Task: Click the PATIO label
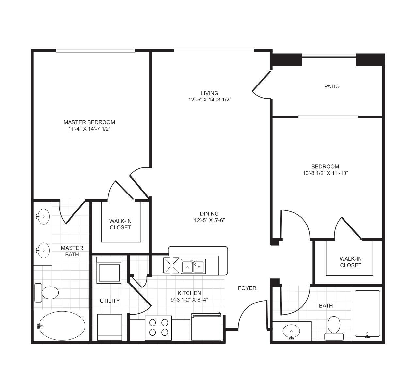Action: coord(331,86)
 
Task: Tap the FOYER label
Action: coord(247,288)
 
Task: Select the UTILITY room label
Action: coord(109,301)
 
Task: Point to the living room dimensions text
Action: coord(209,100)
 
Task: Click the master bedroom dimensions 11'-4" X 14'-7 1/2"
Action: coord(89,129)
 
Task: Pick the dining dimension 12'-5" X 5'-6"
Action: coord(209,220)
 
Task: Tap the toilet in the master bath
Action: coord(46,293)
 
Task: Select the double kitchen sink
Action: coord(193,266)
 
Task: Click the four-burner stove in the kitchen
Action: coord(158,328)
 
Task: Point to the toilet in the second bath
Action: coord(334,328)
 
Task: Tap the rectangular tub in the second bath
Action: coord(367,314)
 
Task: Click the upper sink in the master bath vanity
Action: coord(43,216)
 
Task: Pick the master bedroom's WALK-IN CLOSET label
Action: coord(120,224)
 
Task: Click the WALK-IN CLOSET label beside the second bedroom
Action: coord(351,262)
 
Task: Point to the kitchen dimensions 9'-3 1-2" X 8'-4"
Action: coord(189,300)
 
